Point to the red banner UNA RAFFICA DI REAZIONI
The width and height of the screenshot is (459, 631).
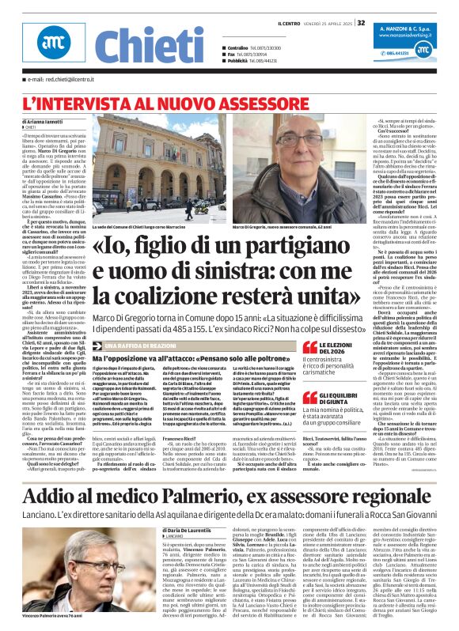click(150, 346)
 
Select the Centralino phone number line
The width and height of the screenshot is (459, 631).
click(254, 47)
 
